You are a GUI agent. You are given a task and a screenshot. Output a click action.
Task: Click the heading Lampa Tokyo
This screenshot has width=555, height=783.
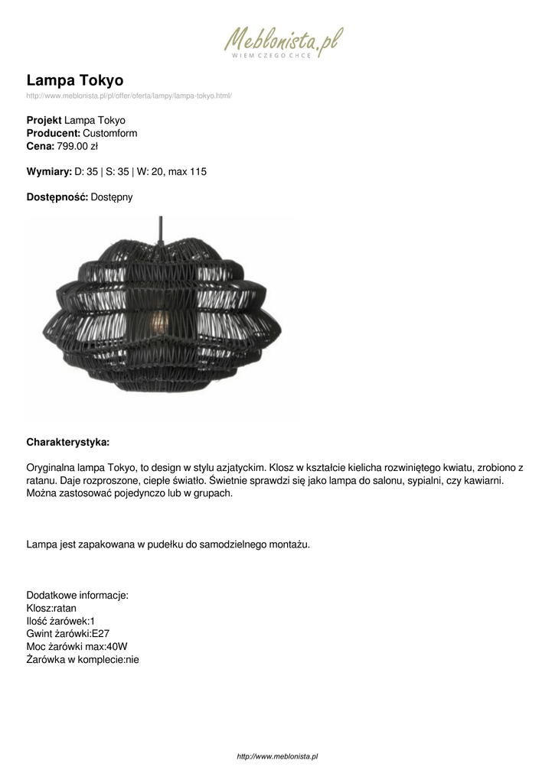point(75,80)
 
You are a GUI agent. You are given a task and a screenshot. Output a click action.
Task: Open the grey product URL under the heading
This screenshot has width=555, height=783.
point(129,96)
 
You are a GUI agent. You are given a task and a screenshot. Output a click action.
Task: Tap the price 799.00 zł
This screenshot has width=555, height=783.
point(77,146)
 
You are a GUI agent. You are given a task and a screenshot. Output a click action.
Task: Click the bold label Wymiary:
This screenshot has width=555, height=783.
point(49,171)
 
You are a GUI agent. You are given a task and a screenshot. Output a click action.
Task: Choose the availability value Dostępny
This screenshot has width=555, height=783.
point(112,197)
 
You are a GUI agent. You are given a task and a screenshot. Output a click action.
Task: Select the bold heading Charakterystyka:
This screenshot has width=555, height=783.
point(68,442)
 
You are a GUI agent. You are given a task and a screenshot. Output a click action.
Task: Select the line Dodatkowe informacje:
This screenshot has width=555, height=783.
point(77,595)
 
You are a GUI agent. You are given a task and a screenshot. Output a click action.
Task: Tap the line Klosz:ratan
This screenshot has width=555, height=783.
point(51,608)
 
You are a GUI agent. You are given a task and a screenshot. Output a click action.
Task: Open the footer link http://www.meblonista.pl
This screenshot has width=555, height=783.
point(277,756)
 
